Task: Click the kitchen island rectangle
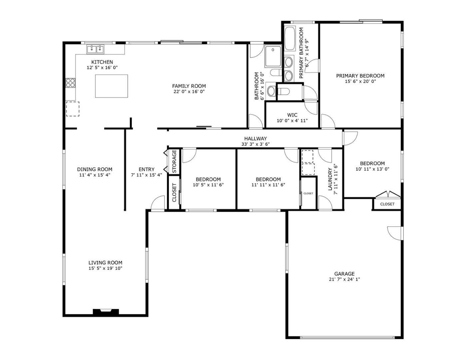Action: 111,86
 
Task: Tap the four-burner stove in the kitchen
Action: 70,82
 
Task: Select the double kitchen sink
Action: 95,49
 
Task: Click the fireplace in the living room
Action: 106,312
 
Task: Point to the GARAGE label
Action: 344,274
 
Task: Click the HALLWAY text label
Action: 255,139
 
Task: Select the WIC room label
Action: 292,115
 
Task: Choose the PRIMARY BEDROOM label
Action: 360,76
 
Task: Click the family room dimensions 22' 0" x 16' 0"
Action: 189,92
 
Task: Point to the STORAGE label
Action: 174,162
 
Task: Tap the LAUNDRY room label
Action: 330,179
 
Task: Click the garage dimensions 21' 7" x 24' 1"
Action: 344,280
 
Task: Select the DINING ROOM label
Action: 95,169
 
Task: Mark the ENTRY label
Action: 147,169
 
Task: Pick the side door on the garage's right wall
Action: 395,232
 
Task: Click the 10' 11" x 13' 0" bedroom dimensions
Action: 372,169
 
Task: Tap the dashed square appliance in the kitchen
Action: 73,109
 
